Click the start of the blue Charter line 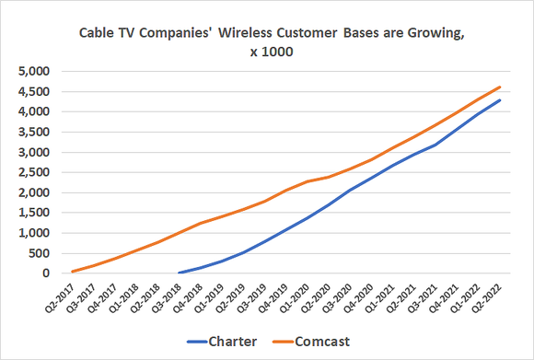tap(179, 273)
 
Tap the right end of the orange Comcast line tap(500, 87)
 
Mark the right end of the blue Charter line tap(500, 100)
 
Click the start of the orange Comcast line tap(72, 272)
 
